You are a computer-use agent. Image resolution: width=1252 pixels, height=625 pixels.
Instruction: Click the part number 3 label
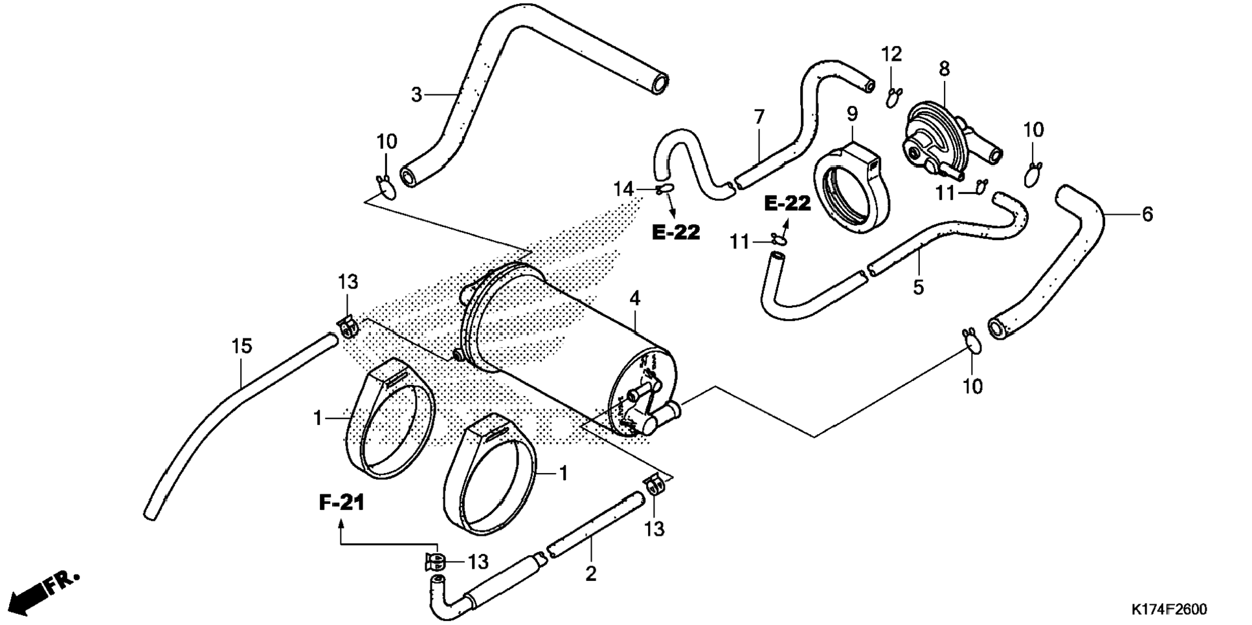click(416, 95)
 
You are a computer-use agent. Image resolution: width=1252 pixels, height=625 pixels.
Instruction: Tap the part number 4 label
click(635, 298)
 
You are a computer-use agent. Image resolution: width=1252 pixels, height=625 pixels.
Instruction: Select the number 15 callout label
click(241, 347)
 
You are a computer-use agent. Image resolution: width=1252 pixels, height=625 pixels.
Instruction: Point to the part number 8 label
click(945, 69)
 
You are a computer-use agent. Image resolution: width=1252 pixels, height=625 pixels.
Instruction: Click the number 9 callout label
click(853, 114)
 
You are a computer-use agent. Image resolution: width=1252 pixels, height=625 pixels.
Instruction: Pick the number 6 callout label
click(1147, 214)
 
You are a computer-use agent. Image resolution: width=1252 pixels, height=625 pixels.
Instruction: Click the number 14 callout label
click(624, 189)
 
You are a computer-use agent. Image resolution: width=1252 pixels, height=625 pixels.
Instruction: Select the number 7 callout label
click(759, 117)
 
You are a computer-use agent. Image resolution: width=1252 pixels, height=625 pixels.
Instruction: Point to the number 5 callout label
click(919, 287)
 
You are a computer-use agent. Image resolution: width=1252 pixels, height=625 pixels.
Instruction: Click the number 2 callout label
click(590, 573)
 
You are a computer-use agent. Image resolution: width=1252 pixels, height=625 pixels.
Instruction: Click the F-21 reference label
click(342, 502)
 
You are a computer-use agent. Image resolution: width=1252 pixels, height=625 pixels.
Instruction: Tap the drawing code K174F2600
click(1169, 609)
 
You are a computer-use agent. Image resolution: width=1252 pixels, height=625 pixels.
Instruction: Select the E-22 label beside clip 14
click(676, 232)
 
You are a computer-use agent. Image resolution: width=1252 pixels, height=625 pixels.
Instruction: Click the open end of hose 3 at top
click(660, 84)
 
